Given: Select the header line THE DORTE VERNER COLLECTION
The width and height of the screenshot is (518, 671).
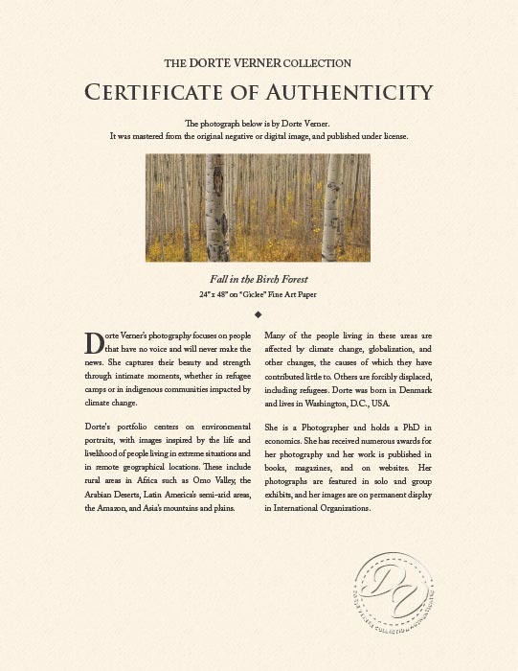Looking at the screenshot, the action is [258, 63].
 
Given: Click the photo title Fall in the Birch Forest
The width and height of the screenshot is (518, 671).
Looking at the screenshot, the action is [258, 279].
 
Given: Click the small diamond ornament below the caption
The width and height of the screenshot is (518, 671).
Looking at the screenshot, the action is [258, 313].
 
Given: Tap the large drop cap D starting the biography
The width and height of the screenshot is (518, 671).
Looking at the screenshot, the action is [94, 342].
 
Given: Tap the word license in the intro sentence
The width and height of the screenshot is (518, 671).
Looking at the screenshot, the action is [394, 136].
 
